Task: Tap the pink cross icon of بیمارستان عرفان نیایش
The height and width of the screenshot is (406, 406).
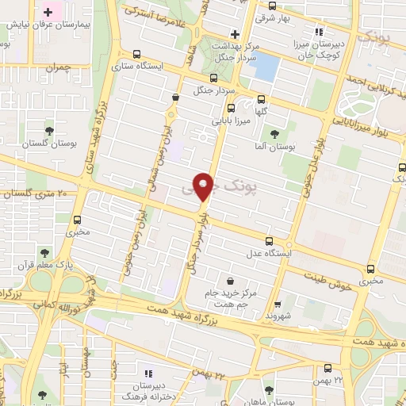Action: [x=48, y=13]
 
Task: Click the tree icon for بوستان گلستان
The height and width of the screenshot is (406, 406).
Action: [x=49, y=128]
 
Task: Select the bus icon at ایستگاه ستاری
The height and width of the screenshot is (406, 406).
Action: [x=139, y=55]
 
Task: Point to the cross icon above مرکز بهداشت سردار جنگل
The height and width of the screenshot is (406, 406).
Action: [x=234, y=34]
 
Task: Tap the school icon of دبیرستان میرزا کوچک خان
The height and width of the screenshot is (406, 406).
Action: [x=318, y=32]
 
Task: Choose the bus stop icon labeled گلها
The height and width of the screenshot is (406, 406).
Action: [x=261, y=99]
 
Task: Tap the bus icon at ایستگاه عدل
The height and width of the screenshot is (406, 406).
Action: [x=269, y=240]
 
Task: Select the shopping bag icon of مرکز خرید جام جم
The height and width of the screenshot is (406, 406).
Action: [x=230, y=280]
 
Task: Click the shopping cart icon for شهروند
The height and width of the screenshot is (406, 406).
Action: [x=277, y=303]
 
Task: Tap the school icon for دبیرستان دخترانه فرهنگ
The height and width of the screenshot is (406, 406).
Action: [x=147, y=373]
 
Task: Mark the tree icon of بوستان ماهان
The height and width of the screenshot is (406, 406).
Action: [x=268, y=389]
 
